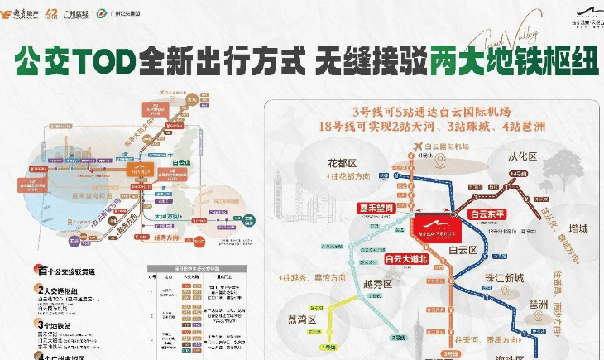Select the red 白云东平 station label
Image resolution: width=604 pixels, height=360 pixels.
click(487, 214)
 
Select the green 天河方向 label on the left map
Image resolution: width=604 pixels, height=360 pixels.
click(168, 215)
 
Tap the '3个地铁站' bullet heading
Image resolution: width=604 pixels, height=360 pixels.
click(59, 324)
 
